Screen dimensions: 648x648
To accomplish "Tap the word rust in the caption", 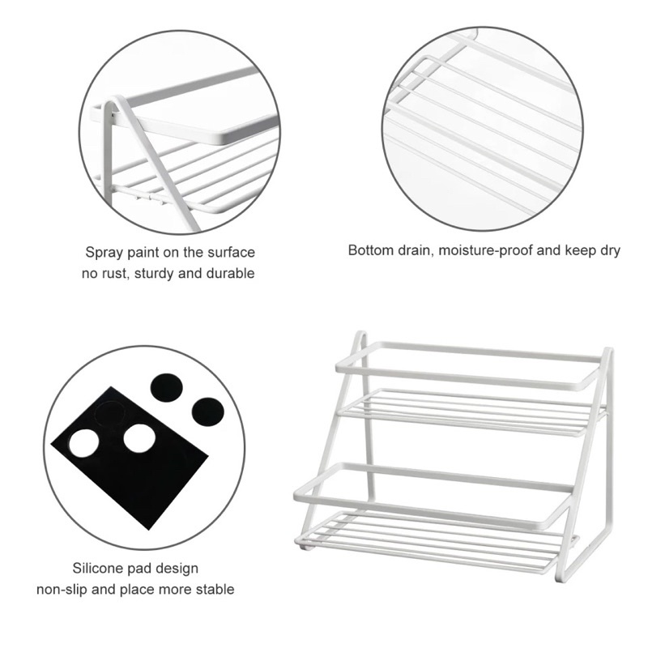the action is click(115, 274).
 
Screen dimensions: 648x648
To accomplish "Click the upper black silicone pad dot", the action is click(167, 388).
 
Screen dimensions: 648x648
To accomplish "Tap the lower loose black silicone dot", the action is click(208, 412).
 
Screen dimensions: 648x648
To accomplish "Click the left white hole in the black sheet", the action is click(84, 443).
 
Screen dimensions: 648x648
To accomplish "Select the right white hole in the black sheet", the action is click(139, 438).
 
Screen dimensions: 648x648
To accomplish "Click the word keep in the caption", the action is click(579, 251).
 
